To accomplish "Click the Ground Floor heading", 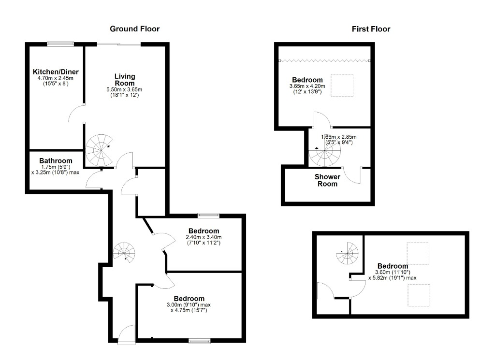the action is pyautogui.click(x=134, y=29).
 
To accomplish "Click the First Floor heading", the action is pyautogui.click(x=371, y=29).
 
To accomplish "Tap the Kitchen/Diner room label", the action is pyautogui.click(x=56, y=72).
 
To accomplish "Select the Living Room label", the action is pyautogui.click(x=124, y=80).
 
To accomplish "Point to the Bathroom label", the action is pyautogui.click(x=56, y=161).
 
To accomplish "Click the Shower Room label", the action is pyautogui.click(x=327, y=180).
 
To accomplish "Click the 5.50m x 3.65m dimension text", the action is pyautogui.click(x=124, y=89).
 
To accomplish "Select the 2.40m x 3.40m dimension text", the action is pyautogui.click(x=204, y=237).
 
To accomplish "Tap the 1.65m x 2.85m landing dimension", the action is pyautogui.click(x=339, y=137).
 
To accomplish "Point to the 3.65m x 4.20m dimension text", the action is pyautogui.click(x=307, y=86).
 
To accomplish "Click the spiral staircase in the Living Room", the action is pyautogui.click(x=99, y=150).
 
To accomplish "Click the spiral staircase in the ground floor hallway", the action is pyautogui.click(x=124, y=252).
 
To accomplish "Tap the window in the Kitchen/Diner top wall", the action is pyautogui.click(x=60, y=44).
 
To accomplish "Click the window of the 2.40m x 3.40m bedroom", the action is pyautogui.click(x=208, y=216).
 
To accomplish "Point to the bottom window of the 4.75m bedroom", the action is pyautogui.click(x=199, y=341).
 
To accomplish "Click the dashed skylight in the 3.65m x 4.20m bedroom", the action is pyautogui.click(x=342, y=86).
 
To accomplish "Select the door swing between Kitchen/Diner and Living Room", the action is pyautogui.click(x=76, y=113).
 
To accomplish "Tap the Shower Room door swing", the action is pyautogui.click(x=352, y=175).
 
